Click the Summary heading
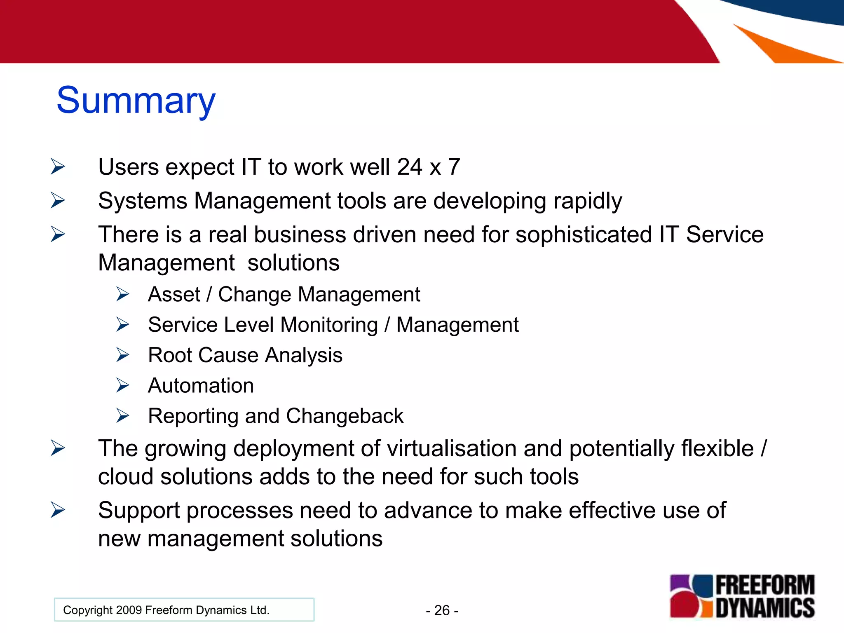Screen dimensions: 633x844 (136, 101)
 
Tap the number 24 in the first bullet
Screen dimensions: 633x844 (409, 167)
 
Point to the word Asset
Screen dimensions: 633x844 (174, 295)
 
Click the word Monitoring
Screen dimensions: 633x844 (329, 325)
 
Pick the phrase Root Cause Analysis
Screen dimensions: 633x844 (245, 355)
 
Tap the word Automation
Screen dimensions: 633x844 (201, 386)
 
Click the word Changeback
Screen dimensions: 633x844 (345, 416)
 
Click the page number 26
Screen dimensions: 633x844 (442, 610)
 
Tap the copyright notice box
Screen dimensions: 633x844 (184, 610)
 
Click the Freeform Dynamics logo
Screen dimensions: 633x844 (742, 597)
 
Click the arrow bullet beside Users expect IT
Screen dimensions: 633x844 (58, 167)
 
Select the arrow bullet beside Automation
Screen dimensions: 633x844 (122, 385)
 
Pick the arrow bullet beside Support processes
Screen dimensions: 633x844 (58, 510)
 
